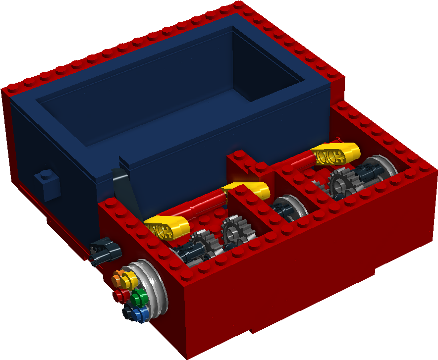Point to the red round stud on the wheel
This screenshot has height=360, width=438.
point(120,297)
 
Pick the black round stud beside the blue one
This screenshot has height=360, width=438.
point(130,312)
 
